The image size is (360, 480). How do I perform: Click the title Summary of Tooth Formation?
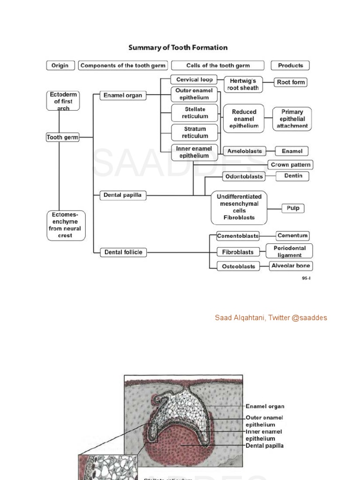pos(178,47)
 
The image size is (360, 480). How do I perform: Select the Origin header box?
pos(60,66)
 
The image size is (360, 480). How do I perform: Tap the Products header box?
pos(291,66)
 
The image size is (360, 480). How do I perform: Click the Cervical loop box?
pos(194,80)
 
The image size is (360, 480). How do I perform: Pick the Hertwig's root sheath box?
pos(243,84)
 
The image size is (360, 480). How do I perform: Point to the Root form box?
pos(291,82)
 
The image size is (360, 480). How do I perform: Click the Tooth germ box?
pos(63,137)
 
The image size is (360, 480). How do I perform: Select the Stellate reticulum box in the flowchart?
pos(195,112)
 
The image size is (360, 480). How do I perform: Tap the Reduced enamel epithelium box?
pos(244,119)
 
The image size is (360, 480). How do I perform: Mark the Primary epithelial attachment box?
pos(292,119)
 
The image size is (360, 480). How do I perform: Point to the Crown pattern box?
pos(290,165)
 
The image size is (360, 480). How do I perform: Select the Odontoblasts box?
pos(243,176)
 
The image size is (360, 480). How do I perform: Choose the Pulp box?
pos(293,208)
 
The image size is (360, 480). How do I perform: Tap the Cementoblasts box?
pos(238,236)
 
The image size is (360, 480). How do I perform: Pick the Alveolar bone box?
pos(291,266)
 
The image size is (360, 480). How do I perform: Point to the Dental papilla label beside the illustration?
pos(264,446)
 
